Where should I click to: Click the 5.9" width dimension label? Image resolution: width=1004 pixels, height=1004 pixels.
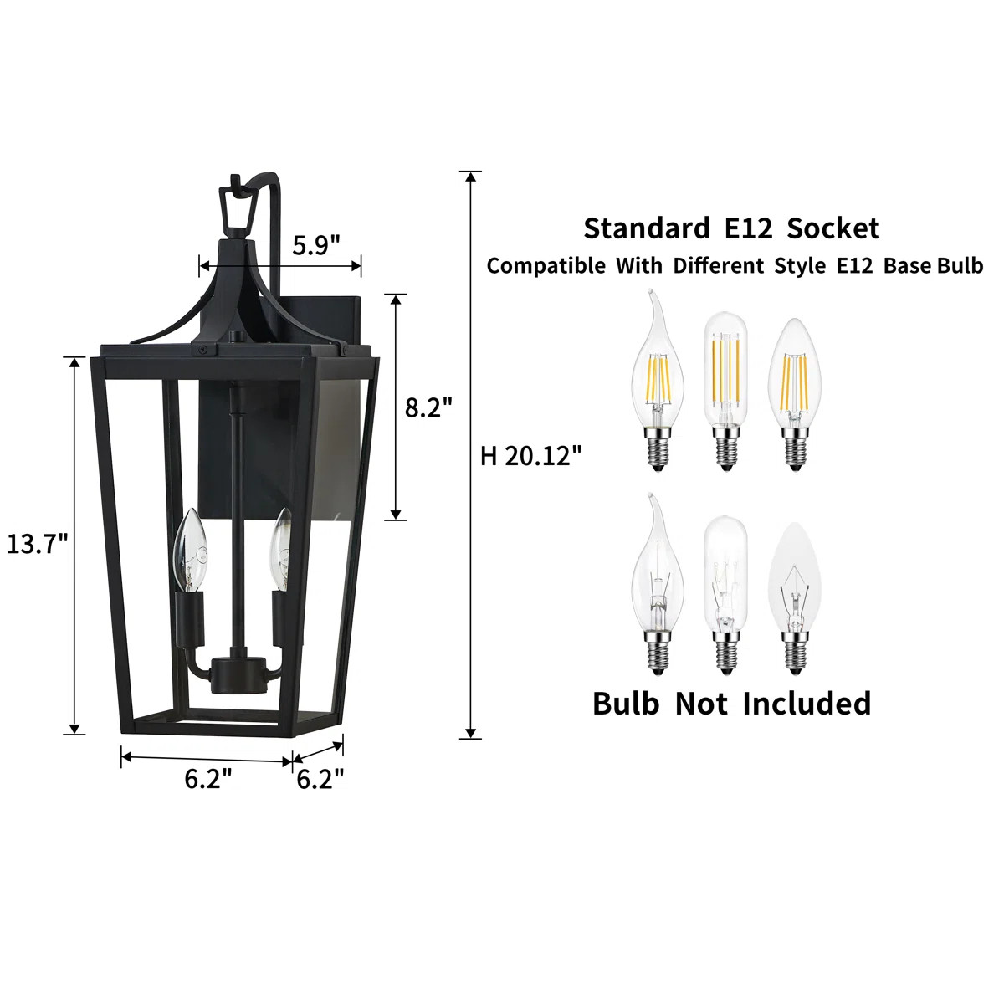point(316,244)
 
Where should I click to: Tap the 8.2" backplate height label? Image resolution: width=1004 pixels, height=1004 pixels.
point(429,407)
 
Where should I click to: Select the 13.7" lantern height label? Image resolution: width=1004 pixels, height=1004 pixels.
point(38,544)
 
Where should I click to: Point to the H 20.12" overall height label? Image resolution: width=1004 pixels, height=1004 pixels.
point(530,456)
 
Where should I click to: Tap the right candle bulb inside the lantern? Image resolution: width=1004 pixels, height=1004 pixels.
point(281,550)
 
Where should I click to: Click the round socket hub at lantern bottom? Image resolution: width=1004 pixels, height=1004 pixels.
point(237,676)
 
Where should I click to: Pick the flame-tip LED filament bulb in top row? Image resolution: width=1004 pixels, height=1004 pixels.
point(658,382)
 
